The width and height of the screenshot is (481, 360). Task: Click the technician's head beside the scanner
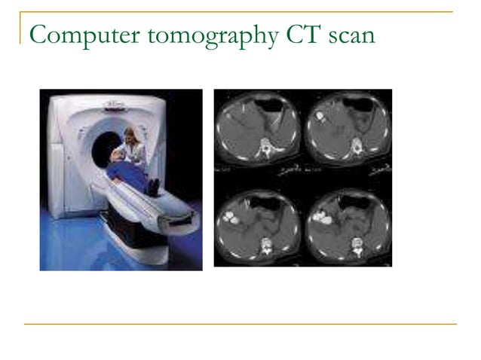pos(130,136)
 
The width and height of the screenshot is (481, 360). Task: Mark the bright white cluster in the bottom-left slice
pos(230,219)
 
